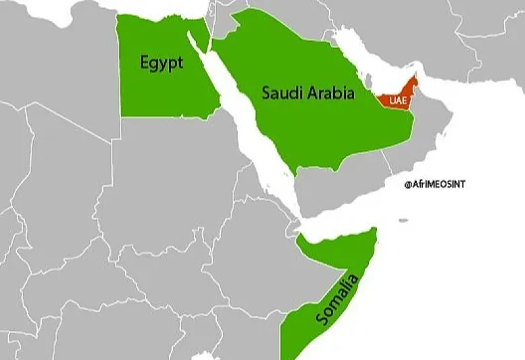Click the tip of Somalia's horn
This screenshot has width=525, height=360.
pos(376,231)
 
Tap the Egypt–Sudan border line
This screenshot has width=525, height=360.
pos(168,118)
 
